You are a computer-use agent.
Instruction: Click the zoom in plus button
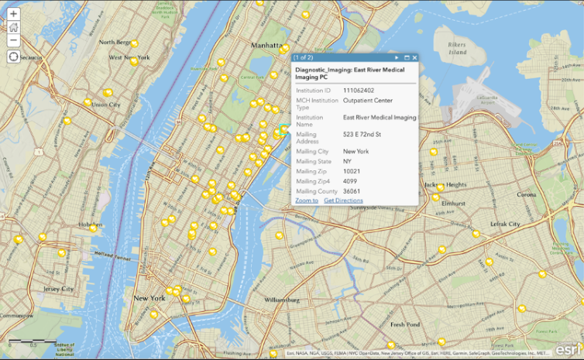pyautogui.click(x=13, y=14)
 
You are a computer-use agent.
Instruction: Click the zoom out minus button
pyautogui.click(x=13, y=40)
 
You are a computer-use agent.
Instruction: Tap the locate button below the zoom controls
pyautogui.click(x=13, y=57)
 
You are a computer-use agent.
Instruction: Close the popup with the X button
pyautogui.click(x=414, y=57)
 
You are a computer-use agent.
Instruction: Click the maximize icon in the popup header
pyautogui.click(x=406, y=57)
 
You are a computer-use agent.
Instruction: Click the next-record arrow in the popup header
pyautogui.click(x=397, y=57)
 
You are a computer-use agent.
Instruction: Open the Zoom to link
pyautogui.click(x=306, y=201)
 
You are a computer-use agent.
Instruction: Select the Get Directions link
pyautogui.click(x=343, y=201)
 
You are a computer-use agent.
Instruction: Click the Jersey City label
pyautogui.click(x=58, y=289)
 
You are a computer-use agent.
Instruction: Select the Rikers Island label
pyautogui.click(x=457, y=48)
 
